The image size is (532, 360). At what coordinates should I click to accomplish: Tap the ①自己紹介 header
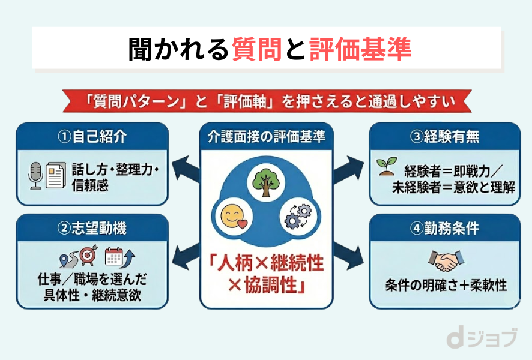coord(92,137)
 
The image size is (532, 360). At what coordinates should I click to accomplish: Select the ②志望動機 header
coord(92,228)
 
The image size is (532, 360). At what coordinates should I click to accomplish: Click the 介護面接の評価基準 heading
coord(265,137)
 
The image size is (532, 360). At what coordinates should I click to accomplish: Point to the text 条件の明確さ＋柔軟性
coord(446,285)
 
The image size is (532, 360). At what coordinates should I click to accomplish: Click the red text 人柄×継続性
coord(266,262)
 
